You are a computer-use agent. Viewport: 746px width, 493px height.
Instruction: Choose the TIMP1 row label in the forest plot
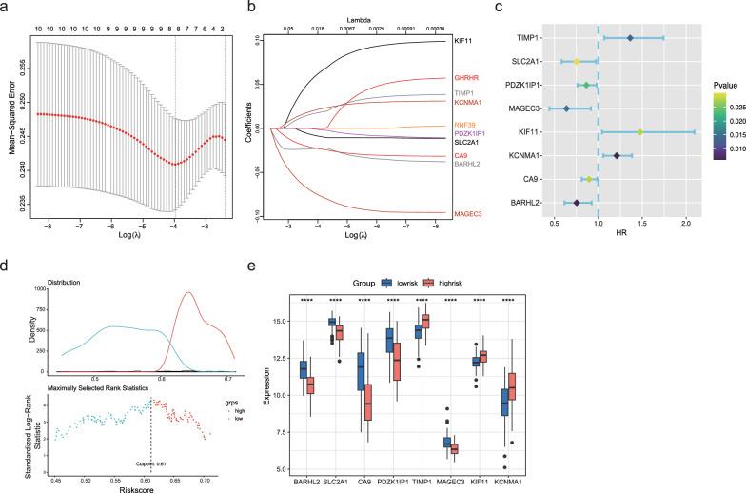pyautogui.click(x=528, y=38)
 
